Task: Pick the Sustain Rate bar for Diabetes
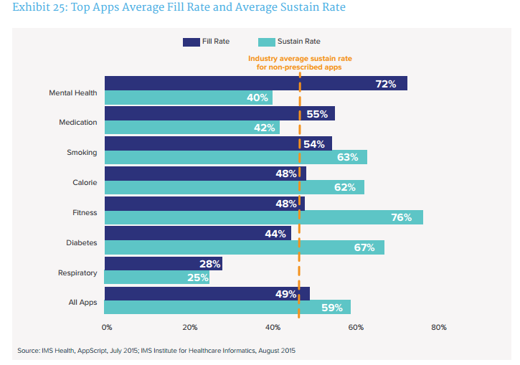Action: point(244,247)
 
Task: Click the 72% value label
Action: point(386,84)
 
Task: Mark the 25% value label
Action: point(197,278)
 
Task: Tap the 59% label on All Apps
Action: point(331,308)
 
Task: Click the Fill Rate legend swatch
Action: point(192,42)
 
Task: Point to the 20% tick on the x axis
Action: point(190,327)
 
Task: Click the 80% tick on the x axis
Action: point(438,327)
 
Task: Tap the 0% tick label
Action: point(107,327)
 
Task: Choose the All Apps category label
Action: point(82,303)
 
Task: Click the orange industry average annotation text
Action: point(299,62)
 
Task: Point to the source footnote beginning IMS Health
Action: point(156,351)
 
